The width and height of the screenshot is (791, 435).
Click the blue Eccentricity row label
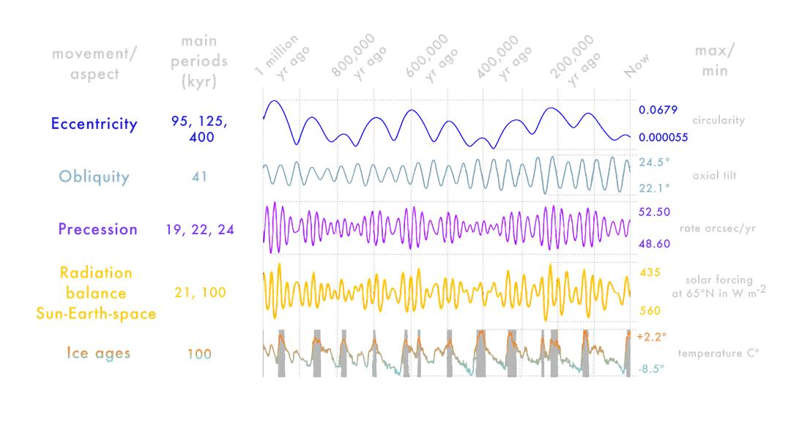[x=94, y=124]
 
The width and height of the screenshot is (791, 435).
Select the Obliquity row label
[x=94, y=176]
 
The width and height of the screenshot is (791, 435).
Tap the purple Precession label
[x=97, y=229]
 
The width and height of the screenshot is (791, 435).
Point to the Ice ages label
[x=98, y=354]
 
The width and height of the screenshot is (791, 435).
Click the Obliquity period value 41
[x=199, y=176]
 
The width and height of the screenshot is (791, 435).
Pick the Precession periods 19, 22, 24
[x=199, y=229]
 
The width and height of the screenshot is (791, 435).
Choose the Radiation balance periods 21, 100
[x=199, y=293]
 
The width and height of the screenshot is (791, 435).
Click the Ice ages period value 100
[x=199, y=354]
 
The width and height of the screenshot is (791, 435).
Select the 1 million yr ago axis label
[x=282, y=56]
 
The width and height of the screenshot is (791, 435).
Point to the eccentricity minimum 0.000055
[x=663, y=137]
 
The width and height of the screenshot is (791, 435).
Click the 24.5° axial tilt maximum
[x=654, y=163]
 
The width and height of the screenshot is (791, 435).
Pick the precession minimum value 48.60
[x=654, y=243]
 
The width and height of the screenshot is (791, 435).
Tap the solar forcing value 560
[x=650, y=310]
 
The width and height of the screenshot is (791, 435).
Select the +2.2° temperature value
[x=653, y=337]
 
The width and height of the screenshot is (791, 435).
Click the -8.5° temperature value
[x=650, y=369]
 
